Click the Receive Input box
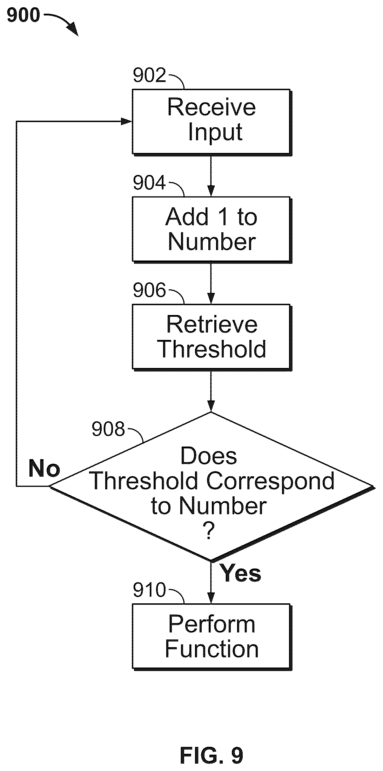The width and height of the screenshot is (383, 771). pos(211,122)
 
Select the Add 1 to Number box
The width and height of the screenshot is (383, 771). pos(211,229)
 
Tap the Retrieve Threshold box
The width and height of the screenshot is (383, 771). pos(211,337)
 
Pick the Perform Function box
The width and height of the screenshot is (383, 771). pos(211,637)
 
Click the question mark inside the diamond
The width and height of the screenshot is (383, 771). pos(209,531)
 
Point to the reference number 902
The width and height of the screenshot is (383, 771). pos(149,75)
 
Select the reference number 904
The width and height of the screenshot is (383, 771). pos(149,183)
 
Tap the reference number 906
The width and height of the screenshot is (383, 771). pos(149,291)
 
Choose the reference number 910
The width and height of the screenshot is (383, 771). pos(149,590)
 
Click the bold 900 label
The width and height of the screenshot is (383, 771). pos(23,15)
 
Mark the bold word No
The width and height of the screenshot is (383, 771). pos(44,468)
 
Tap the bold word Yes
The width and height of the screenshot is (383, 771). pos(241,574)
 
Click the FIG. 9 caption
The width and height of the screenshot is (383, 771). pos(211,755)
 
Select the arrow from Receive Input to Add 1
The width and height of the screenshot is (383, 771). pos(211,176)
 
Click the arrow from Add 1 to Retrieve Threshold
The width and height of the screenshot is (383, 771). pos(211,283)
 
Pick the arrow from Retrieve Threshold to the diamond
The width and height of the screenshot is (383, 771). pos(211,391)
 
